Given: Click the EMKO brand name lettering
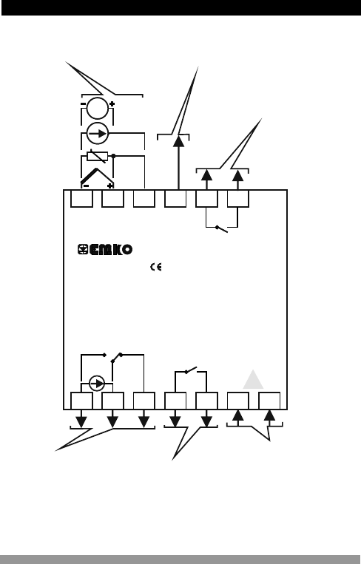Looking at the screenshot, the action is tap(111, 250).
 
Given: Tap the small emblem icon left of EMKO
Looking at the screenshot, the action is tap(83, 249).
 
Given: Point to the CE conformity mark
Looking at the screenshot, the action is tap(156, 267).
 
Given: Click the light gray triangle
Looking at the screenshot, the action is tap(253, 379).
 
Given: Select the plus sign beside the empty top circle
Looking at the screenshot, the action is tap(112, 104).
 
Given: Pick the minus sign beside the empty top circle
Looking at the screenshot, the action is tap(83, 104).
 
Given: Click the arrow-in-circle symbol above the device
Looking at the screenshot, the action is tap(98, 134).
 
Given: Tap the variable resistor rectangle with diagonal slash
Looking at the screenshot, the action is tap(97, 157).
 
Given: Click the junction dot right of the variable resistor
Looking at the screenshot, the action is tap(113, 156).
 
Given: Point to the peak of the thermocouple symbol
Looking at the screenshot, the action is tap(97, 169).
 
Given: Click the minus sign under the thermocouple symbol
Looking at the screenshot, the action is tap(86, 186).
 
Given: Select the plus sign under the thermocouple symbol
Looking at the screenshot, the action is tap(109, 186).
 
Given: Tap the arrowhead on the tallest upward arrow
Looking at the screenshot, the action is tap(178, 141).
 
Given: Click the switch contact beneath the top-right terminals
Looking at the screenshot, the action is tap(221, 229).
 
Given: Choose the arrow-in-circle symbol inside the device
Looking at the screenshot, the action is tap(97, 384).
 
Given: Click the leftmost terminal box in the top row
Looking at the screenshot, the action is tap(81, 199).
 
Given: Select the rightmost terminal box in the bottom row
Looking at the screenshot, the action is tap(269, 401).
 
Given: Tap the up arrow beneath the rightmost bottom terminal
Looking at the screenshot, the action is tap(269, 415).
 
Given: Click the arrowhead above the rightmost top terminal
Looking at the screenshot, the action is tap(238, 175).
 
